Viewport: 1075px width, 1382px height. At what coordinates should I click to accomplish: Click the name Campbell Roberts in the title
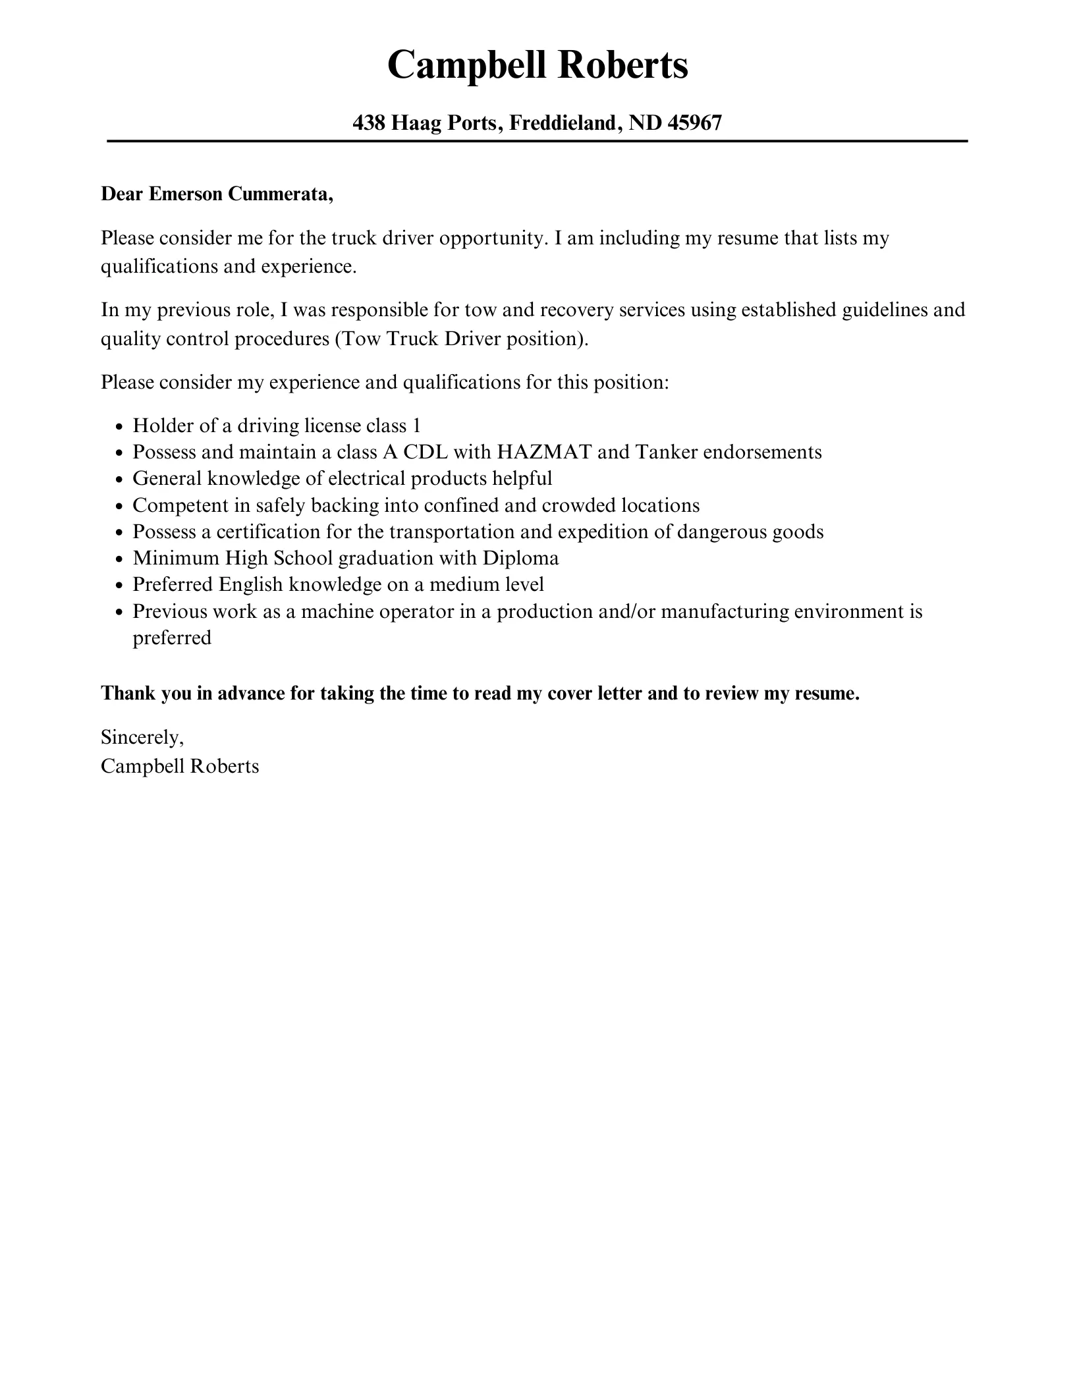pyautogui.click(x=537, y=66)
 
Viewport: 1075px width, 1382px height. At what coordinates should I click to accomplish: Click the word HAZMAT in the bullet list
pyautogui.click(x=543, y=452)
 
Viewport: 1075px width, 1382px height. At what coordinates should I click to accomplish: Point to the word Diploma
pyautogui.click(x=520, y=558)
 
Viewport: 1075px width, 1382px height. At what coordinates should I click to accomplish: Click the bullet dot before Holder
pyautogui.click(x=119, y=427)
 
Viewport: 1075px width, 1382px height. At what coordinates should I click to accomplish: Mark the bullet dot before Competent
pyautogui.click(x=119, y=507)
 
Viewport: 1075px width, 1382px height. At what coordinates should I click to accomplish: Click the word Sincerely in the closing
pyautogui.click(x=141, y=737)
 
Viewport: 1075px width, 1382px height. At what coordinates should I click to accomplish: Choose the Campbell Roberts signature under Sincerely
pyautogui.click(x=180, y=766)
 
